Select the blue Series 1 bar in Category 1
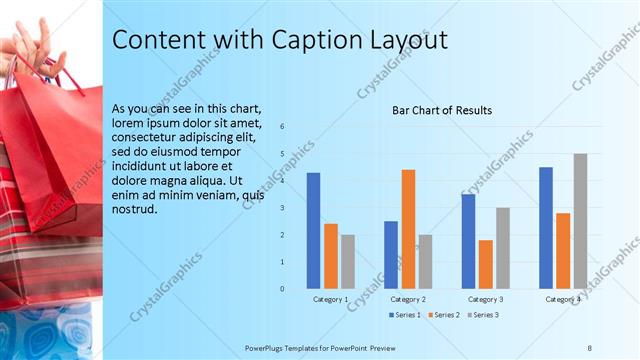(x=313, y=230)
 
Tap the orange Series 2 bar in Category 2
(x=408, y=229)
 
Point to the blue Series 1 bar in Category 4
(x=546, y=228)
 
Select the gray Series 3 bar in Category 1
(x=347, y=262)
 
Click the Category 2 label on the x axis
(x=408, y=299)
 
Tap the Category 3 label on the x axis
(x=486, y=299)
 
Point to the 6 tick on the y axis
(x=283, y=126)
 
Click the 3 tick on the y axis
(x=283, y=208)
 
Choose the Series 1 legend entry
(x=404, y=315)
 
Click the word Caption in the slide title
(x=319, y=40)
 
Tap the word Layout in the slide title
(x=409, y=40)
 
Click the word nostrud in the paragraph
(x=135, y=209)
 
